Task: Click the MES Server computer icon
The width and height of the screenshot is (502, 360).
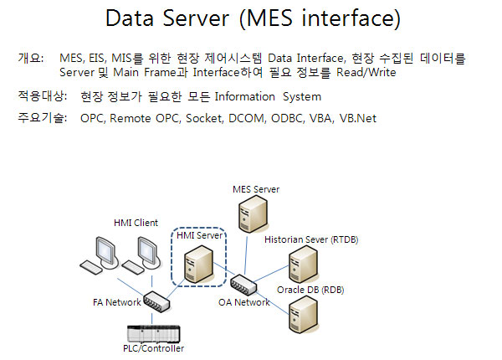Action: (253, 213)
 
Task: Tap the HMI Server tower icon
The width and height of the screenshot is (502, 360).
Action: (198, 265)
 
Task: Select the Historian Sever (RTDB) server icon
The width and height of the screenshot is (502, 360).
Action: (303, 265)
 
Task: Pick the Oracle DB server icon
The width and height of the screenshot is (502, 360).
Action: (303, 315)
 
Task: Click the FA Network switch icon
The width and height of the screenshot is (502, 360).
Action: (156, 301)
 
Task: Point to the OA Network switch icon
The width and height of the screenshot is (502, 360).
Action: (243, 285)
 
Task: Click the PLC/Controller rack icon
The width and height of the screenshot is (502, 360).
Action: (154, 334)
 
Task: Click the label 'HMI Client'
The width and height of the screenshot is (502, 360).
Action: (136, 223)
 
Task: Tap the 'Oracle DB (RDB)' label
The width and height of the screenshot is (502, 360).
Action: (310, 290)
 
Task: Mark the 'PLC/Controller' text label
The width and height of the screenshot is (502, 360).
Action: (153, 348)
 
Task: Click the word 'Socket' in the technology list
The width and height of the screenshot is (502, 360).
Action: (204, 119)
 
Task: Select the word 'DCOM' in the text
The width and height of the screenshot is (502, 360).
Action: (247, 119)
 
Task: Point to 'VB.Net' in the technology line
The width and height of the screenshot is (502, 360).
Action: (357, 119)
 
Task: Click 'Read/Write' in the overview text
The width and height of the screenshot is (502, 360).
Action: (366, 72)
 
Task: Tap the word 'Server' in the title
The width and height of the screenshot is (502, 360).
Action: (196, 18)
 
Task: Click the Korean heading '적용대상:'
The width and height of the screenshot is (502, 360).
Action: (43, 96)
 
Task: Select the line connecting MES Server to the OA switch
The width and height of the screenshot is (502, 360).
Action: (246, 255)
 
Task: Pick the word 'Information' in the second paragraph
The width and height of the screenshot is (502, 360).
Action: (244, 97)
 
